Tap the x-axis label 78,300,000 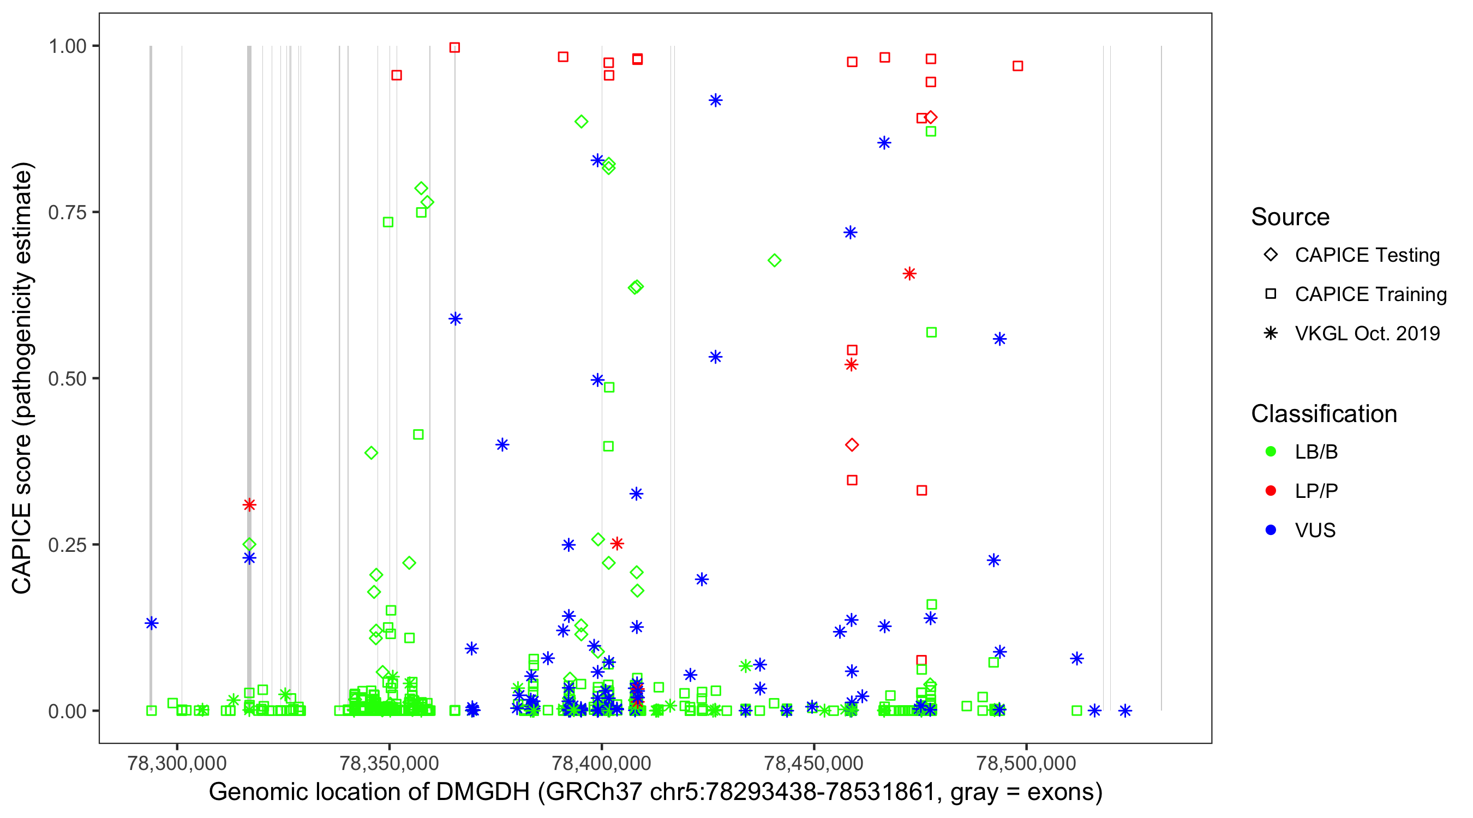[x=177, y=763]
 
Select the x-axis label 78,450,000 [x=813, y=763]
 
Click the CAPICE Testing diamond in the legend [x=1271, y=254]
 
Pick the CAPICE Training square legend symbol [x=1271, y=294]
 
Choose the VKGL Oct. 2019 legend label [x=1367, y=333]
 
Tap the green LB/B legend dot [x=1271, y=452]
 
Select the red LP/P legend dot [x=1271, y=491]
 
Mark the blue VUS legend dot [x=1271, y=530]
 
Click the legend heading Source [x=1290, y=217]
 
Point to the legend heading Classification [x=1324, y=414]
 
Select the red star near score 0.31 [x=249, y=505]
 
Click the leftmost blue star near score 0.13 [x=152, y=623]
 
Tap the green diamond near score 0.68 [x=774, y=261]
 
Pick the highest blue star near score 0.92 [x=715, y=100]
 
